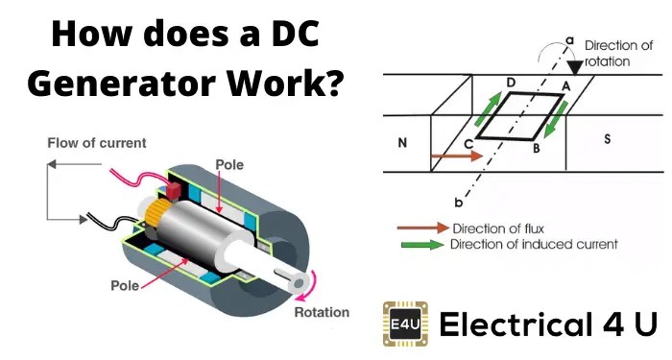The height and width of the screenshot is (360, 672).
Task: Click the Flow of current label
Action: pos(97,143)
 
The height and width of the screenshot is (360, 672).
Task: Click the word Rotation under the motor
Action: pos(322,312)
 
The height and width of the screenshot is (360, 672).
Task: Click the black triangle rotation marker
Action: pos(575,63)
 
